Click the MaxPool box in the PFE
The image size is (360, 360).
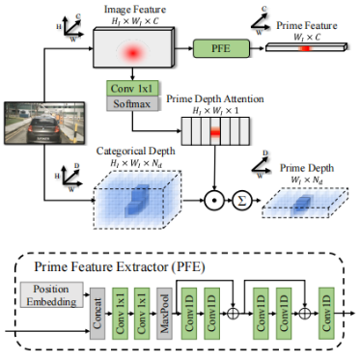pos(165,308)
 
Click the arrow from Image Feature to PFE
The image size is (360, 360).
pos(184,47)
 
